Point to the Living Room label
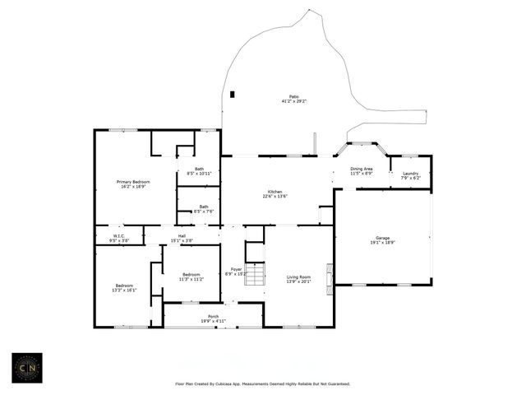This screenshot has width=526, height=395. [x=298, y=279]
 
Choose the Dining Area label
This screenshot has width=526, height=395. [x=362, y=171]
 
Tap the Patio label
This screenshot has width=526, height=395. [x=293, y=99]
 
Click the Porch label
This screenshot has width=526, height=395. [x=214, y=318]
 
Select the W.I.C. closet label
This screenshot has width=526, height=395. [x=118, y=239]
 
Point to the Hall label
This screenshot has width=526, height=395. [x=182, y=239]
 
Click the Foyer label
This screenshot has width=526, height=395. [x=236, y=272]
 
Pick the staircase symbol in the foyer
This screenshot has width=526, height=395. [x=255, y=274]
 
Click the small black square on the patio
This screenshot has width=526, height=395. [x=233, y=94]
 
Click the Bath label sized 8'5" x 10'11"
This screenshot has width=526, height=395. [x=199, y=171]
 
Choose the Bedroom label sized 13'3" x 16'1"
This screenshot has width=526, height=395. [x=126, y=288]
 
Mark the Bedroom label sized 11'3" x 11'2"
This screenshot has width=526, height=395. [x=191, y=276]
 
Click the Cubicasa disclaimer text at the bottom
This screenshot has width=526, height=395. [x=263, y=383]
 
